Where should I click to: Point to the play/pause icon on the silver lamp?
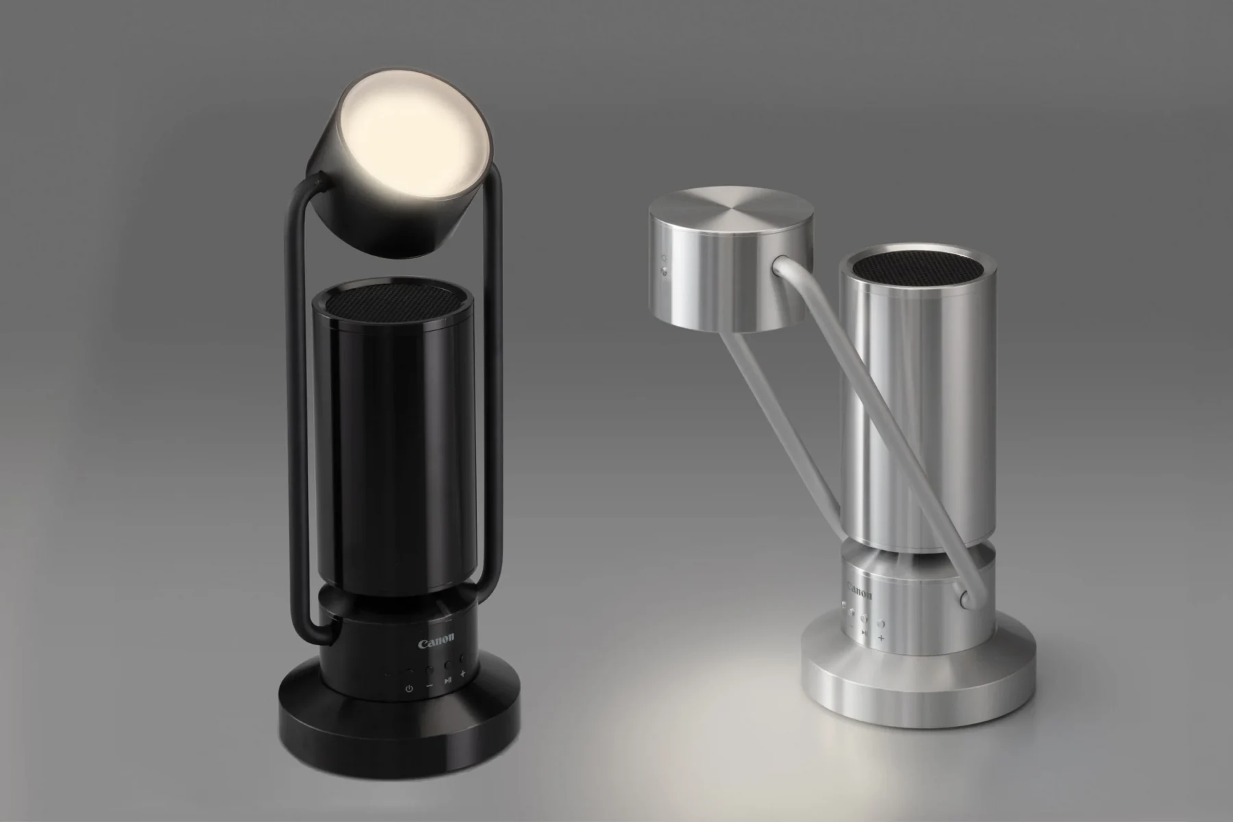[x=865, y=633]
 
